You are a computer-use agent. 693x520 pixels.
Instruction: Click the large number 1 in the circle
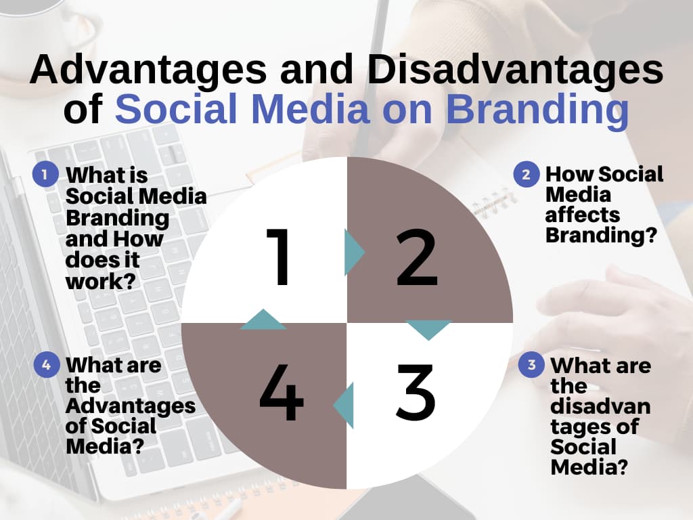278,257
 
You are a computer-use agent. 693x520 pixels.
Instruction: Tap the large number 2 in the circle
417,257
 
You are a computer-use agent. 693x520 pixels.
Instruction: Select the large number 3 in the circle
416,392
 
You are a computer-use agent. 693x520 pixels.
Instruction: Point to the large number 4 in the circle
281,392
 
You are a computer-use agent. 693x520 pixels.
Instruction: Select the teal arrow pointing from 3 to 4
343,406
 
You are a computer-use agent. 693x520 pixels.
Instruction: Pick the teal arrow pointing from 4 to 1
263,320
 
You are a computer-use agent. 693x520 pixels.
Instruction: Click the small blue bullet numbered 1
45,174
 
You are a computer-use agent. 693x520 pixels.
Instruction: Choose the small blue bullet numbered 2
526,174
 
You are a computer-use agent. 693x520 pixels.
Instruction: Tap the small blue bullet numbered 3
531,364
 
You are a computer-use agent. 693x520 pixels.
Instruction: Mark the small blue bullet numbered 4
47,365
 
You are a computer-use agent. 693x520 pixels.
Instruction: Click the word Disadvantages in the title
515,70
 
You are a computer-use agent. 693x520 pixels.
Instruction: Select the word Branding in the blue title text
537,109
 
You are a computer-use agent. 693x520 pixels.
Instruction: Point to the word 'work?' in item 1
100,281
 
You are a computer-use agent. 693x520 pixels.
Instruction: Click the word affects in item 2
583,215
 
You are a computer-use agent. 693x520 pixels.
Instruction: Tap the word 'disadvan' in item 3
600,406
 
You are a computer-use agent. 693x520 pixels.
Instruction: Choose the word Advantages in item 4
131,406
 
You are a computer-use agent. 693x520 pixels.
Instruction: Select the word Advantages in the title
148,70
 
